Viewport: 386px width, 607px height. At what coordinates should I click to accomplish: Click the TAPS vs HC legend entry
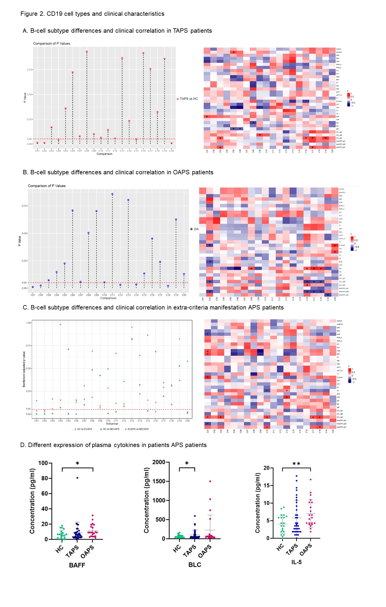pos(188,99)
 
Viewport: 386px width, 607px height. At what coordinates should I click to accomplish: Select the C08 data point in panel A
pos(87,52)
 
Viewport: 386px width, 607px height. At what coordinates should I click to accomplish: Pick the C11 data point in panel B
pos(112,194)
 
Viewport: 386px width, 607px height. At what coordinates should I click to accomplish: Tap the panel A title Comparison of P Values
pos(52,44)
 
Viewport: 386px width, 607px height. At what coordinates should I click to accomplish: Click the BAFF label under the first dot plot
pos(77,565)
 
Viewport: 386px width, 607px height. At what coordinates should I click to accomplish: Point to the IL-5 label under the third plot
pos(296,562)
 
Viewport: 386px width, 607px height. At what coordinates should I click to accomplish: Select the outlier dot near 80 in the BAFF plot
pos(77,478)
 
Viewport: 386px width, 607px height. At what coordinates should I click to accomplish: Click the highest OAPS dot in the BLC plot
pos(210,481)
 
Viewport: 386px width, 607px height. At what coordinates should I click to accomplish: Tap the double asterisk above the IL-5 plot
pos(296,464)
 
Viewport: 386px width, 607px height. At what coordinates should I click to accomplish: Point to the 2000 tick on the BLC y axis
pos(159,462)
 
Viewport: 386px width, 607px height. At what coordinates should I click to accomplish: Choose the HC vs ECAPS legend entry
pos(84,429)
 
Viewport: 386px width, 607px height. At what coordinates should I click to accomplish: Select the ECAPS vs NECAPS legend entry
pos(138,429)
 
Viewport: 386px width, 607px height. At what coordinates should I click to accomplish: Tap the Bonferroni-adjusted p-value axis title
pos(24,369)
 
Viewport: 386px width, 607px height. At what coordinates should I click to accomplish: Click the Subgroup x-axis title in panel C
pos(112,423)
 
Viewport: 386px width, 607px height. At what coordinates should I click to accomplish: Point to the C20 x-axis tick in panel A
pos(172,151)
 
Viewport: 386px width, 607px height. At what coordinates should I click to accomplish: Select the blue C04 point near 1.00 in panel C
pos(60,324)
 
